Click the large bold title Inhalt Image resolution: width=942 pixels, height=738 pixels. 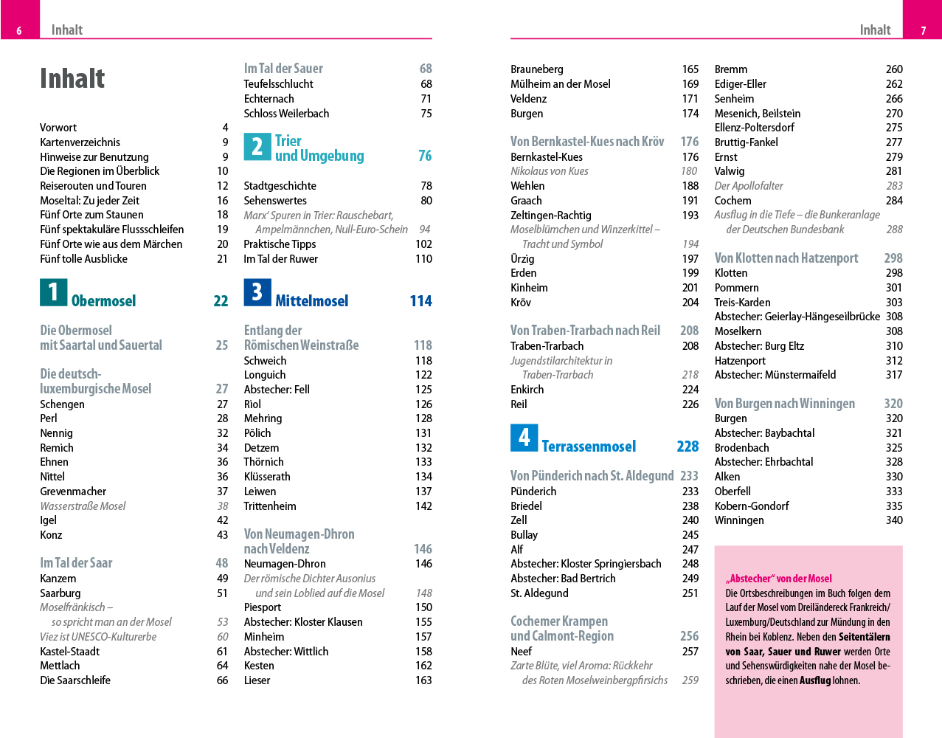[x=72, y=78]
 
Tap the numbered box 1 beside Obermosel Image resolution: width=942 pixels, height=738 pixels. [x=53, y=292]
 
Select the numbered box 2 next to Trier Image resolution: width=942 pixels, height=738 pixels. [x=257, y=147]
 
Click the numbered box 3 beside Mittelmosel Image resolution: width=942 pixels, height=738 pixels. [x=257, y=292]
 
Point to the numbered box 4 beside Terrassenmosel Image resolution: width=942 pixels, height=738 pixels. [x=524, y=438]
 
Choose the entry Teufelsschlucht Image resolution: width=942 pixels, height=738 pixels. [x=278, y=84]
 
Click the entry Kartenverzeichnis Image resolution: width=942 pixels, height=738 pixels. [x=80, y=142]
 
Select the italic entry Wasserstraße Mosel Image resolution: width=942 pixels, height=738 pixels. [x=83, y=506]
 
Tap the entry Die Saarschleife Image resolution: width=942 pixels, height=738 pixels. [x=75, y=680]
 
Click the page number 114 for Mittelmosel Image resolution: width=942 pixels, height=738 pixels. [x=420, y=301]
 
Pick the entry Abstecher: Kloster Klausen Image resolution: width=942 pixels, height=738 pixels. [x=303, y=622]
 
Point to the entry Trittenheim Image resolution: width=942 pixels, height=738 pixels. [x=270, y=506]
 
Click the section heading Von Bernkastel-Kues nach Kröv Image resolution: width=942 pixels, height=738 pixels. [x=587, y=142]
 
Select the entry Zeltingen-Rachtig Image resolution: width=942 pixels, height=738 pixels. [x=551, y=215]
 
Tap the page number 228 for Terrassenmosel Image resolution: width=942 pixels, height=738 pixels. [x=688, y=446]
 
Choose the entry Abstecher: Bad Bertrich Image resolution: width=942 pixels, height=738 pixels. [x=563, y=579]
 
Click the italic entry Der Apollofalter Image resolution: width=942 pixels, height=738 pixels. [x=749, y=186]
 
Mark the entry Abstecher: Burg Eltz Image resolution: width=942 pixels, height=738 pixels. [x=759, y=346]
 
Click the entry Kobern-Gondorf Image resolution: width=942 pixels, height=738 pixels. [x=752, y=506]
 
